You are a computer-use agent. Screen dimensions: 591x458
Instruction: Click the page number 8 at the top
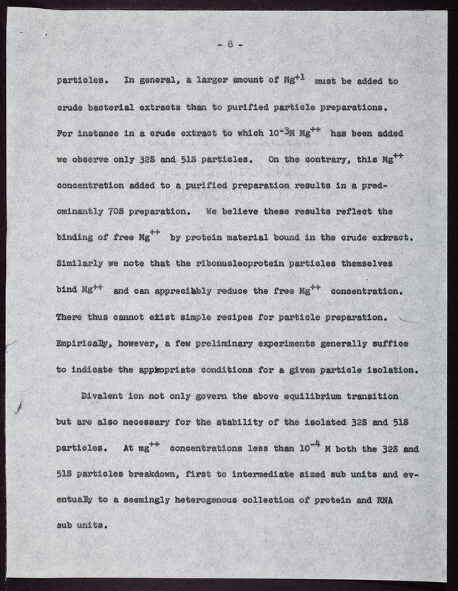click(x=230, y=44)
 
